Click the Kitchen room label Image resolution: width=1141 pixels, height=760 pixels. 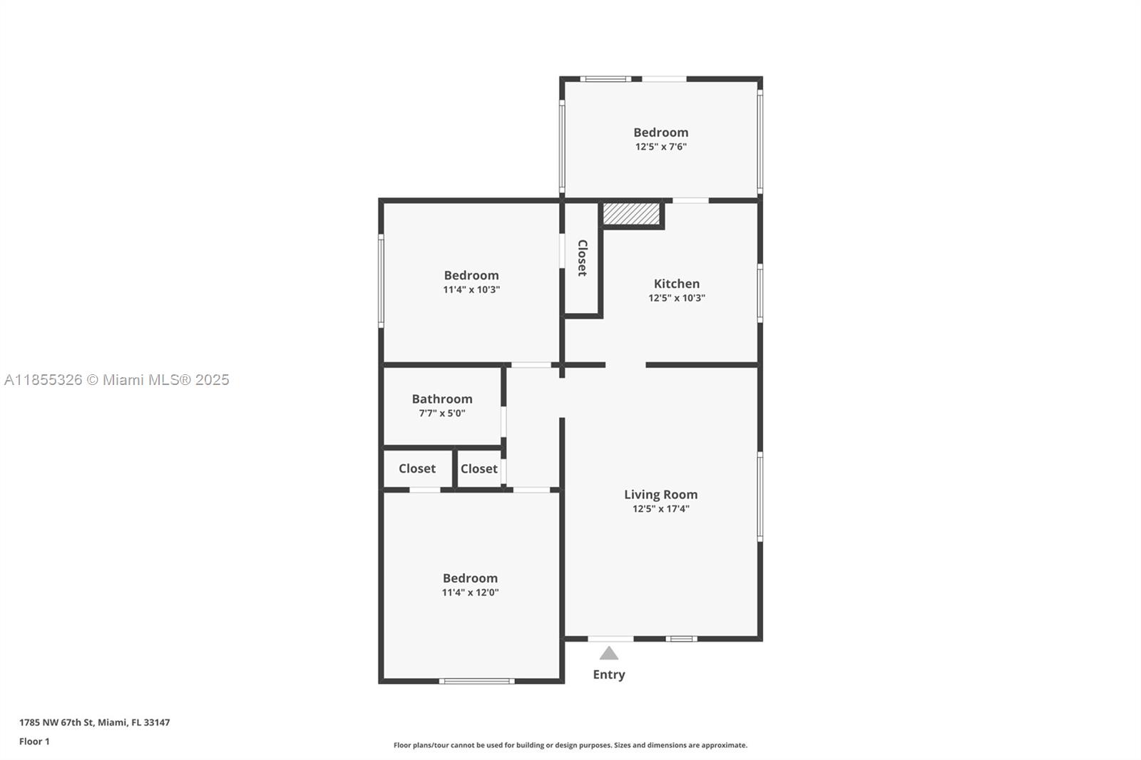coord(677,284)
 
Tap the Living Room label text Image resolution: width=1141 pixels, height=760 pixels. coord(660,495)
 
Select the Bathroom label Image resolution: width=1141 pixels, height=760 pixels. coord(442,399)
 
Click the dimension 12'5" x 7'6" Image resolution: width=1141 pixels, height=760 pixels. coord(660,147)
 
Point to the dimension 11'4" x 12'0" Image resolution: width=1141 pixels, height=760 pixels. coord(470,592)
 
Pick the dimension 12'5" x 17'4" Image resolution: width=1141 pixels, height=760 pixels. coord(660,509)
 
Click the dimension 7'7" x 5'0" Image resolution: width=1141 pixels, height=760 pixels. coord(442,413)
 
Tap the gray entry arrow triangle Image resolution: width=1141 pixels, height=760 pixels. coord(609,653)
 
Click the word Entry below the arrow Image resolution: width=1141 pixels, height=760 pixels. coord(609,675)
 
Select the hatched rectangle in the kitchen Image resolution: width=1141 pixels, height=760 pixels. coord(632,214)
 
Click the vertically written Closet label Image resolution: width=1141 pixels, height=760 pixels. coord(582,258)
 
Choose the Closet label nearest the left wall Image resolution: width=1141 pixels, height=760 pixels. coord(417,468)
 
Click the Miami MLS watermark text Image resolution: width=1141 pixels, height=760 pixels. coord(117,380)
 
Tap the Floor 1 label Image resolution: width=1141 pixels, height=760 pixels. coord(35,741)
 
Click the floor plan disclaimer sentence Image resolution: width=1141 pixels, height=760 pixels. coord(570,745)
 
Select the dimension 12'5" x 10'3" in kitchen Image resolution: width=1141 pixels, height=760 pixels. coord(677,298)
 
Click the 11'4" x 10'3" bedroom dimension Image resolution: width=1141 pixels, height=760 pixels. coord(471,290)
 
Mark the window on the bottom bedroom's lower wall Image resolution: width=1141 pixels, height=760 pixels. coord(477,681)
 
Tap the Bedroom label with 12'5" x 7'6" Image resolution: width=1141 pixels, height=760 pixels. coord(660,133)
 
